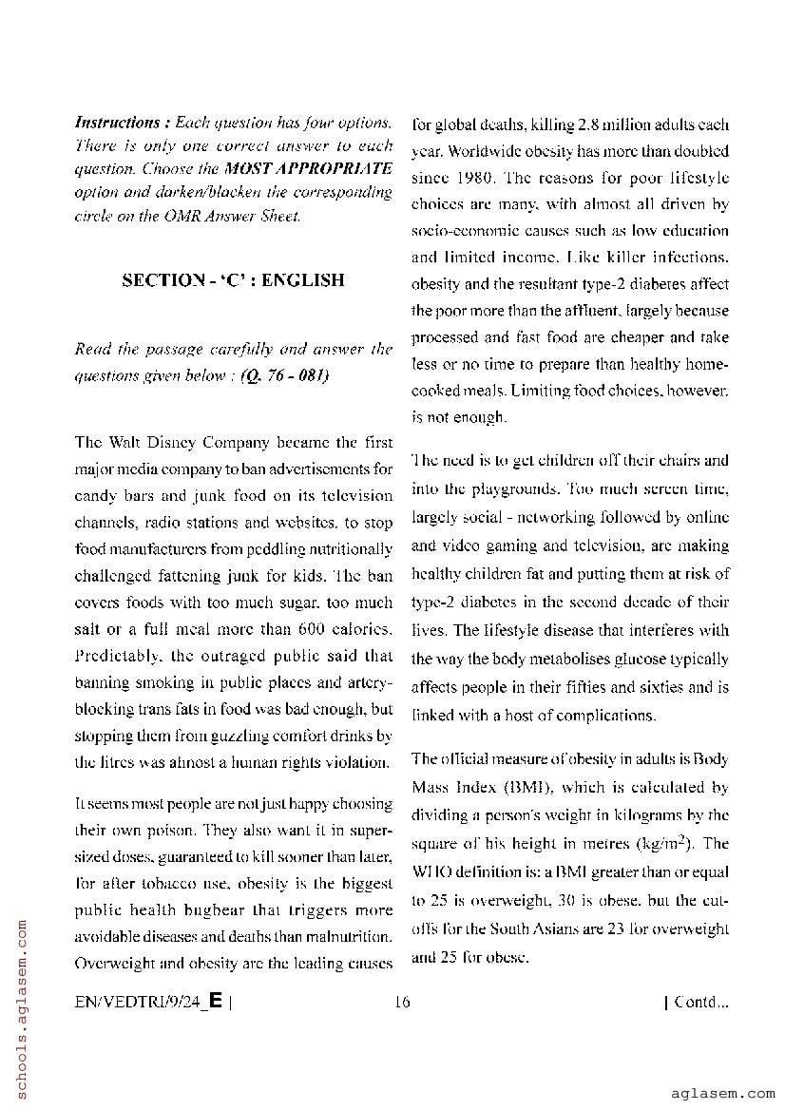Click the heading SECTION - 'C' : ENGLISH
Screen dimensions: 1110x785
pyautogui.click(x=233, y=280)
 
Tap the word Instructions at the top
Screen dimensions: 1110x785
pyautogui.click(x=117, y=123)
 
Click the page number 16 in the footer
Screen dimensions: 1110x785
pyautogui.click(x=401, y=1001)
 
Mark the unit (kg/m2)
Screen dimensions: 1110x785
pyautogui.click(x=666, y=842)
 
